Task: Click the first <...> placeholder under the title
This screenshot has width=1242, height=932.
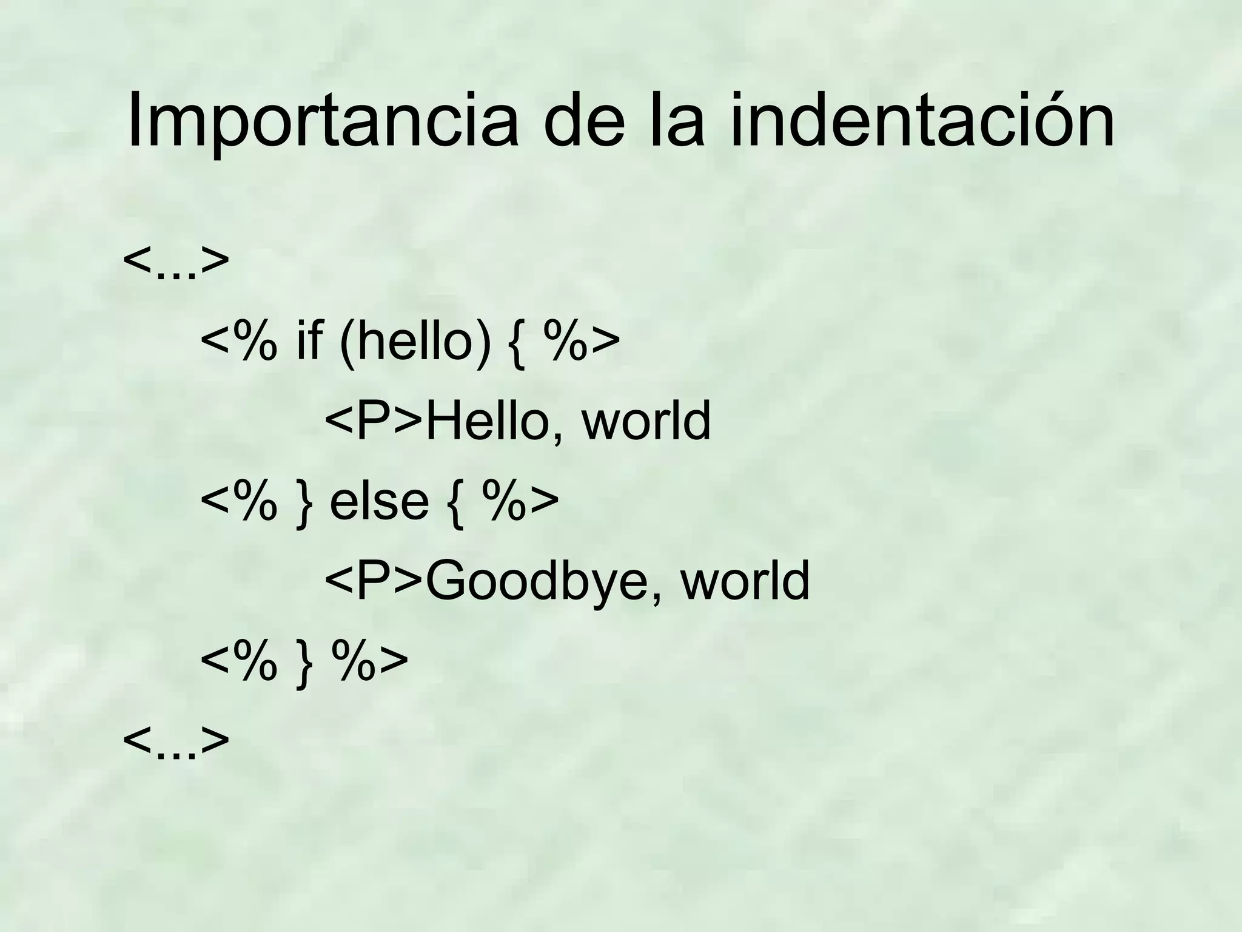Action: click(176, 261)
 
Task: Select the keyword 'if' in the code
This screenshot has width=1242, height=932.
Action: click(309, 341)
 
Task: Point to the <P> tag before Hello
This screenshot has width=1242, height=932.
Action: click(374, 421)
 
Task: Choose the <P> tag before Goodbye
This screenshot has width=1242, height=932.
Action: click(374, 581)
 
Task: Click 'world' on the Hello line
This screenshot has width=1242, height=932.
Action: click(646, 421)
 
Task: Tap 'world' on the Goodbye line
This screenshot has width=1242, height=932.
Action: click(745, 581)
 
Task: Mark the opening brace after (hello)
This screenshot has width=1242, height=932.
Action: click(517, 344)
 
